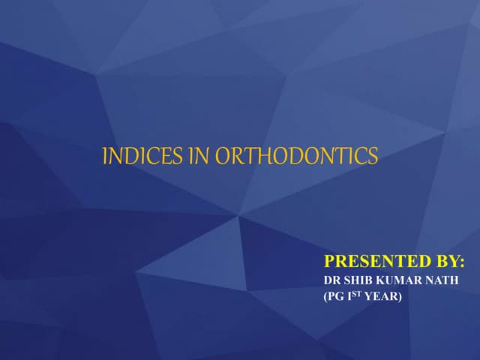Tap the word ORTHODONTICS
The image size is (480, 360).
[297, 156]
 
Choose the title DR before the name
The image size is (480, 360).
[331, 280]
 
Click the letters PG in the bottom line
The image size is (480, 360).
[335, 297]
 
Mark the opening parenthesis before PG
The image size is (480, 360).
[325, 297]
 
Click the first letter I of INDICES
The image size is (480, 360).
[104, 156]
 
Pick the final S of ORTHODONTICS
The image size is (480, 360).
[373, 156]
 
